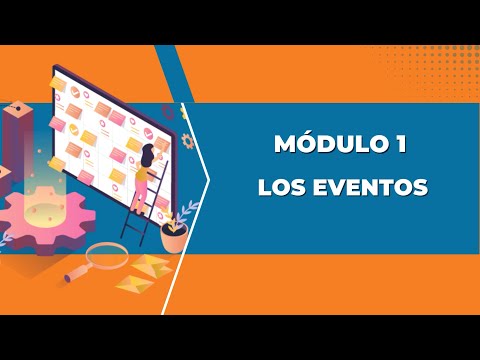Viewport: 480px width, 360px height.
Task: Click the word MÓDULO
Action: tap(324, 144)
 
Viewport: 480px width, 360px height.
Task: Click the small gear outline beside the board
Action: tap(187, 141)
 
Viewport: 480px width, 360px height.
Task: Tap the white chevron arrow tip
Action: tap(207, 182)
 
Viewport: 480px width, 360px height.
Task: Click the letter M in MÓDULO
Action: tap(285, 144)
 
